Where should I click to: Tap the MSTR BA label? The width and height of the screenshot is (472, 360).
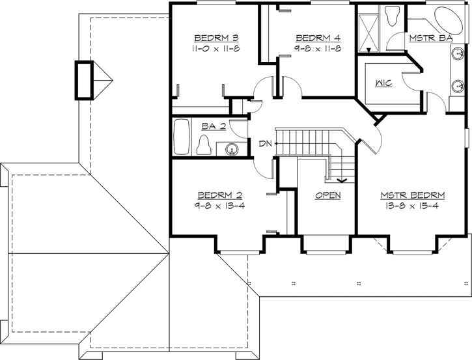coord(430,38)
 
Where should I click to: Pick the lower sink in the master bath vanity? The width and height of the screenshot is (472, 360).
coord(458,85)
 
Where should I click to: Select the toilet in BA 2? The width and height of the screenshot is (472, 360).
coord(204,145)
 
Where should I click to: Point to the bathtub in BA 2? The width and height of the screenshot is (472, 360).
coord(182,137)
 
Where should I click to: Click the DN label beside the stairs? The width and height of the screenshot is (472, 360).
coord(265,143)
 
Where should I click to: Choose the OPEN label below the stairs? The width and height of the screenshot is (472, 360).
coord(327,195)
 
